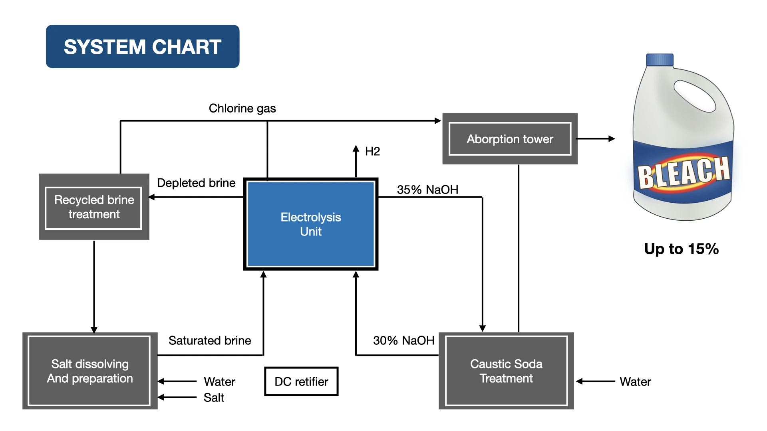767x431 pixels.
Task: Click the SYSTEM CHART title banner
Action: click(143, 47)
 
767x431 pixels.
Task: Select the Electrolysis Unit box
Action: click(311, 224)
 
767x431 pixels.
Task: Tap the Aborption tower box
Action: click(510, 139)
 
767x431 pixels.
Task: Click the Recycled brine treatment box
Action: click(94, 207)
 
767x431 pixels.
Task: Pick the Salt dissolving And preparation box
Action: click(90, 371)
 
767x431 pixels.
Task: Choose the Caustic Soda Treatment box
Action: click(506, 371)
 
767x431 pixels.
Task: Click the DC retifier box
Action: click(301, 382)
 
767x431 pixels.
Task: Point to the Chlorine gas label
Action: click(242, 108)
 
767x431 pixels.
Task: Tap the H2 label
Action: click(372, 151)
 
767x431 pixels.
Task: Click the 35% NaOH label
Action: click(427, 190)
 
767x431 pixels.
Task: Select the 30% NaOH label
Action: click(403, 340)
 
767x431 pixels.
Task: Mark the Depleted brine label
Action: click(196, 183)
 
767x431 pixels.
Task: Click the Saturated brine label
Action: click(210, 340)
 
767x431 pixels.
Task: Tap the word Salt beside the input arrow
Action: click(214, 397)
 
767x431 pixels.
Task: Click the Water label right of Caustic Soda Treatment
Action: click(635, 382)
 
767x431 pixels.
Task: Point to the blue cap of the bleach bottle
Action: click(660, 60)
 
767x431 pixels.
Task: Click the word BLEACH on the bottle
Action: click(684, 172)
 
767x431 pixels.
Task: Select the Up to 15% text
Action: click(681, 249)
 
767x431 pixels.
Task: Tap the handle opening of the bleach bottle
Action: click(694, 96)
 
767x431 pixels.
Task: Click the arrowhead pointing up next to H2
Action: click(356, 148)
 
